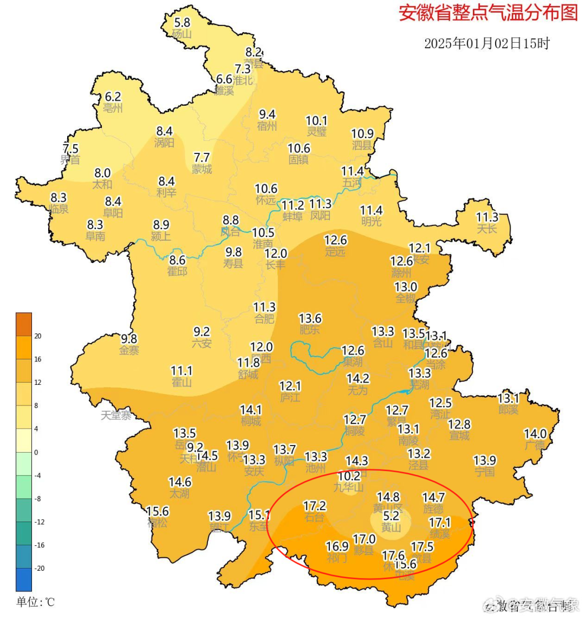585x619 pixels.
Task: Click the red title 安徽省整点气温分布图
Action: (488, 13)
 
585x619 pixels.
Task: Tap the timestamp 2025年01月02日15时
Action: (486, 43)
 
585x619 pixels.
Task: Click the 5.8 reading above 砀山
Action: (182, 22)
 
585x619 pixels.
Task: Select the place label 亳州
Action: (113, 108)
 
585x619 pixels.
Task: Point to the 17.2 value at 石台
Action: (315, 506)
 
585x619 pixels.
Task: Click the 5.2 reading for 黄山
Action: (391, 515)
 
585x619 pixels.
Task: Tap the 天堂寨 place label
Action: (116, 415)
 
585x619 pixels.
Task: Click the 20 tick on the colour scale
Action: (37, 336)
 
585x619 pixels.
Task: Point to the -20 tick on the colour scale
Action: (39, 568)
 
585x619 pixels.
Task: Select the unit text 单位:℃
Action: (35, 602)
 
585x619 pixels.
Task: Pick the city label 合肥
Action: (264, 319)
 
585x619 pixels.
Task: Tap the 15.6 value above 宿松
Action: (158, 511)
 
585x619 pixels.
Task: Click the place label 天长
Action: (486, 229)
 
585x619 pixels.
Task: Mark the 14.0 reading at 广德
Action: (535, 434)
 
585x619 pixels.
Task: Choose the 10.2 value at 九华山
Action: (349, 476)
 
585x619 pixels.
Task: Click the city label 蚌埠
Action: (292, 217)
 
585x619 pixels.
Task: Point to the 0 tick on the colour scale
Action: (36, 452)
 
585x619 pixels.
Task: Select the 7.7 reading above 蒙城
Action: (201, 157)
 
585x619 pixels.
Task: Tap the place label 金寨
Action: (129, 351)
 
